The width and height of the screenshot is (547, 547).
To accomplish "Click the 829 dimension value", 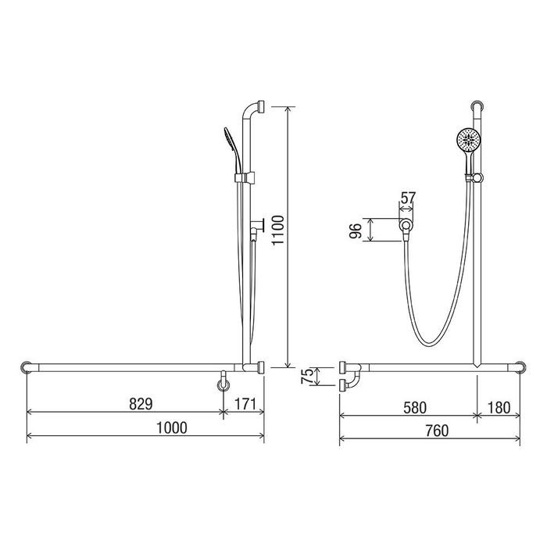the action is [x=141, y=404].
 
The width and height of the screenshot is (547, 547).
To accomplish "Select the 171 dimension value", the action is [x=245, y=404].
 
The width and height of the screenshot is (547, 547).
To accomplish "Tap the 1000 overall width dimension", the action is [x=172, y=427].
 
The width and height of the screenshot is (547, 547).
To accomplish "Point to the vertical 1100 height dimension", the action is [x=278, y=231].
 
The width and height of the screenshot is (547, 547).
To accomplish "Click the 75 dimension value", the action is [x=307, y=376].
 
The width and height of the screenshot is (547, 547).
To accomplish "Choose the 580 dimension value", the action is [x=415, y=407].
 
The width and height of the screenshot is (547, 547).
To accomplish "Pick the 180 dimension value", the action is [x=499, y=407].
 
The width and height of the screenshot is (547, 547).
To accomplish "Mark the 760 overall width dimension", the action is [x=437, y=431].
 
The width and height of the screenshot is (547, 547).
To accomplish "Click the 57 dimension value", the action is [x=408, y=198].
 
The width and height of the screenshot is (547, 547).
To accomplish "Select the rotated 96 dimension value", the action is [x=356, y=231].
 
